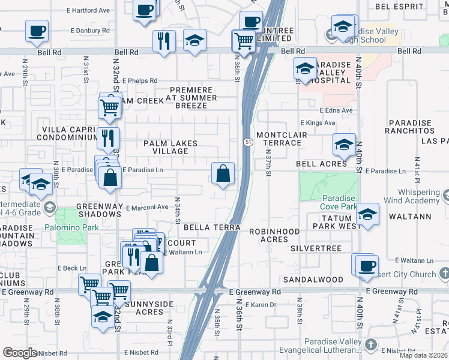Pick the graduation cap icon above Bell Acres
(x=344, y=145)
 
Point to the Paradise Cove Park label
(x=340, y=202)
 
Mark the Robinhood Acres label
(x=274, y=235)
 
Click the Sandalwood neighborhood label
(x=313, y=280)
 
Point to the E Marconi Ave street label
(x=147, y=207)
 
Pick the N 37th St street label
(x=267, y=160)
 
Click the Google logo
(x=20, y=353)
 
